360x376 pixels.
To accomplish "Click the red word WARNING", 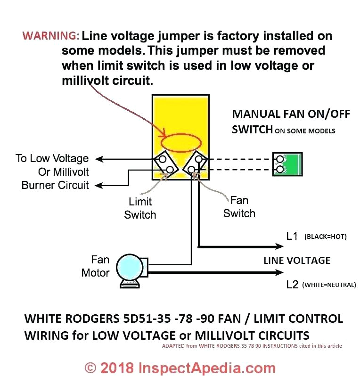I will [x=51, y=36].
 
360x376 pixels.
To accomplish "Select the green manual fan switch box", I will [x=287, y=164].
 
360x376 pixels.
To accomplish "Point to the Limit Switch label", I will [x=140, y=208].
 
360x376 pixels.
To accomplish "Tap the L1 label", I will [x=292, y=236].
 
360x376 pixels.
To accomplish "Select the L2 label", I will [x=292, y=284].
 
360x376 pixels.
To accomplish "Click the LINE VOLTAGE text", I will [x=297, y=260].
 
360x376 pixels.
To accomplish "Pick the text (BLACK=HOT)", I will [x=326, y=237].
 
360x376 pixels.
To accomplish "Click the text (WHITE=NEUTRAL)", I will [x=329, y=285].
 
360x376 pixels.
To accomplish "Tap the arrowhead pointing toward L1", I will [x=279, y=246].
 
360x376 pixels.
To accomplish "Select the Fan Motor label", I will [x=96, y=266].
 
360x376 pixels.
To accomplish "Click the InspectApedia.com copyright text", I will [x=180, y=367].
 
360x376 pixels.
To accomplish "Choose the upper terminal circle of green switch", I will [x=280, y=159].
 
